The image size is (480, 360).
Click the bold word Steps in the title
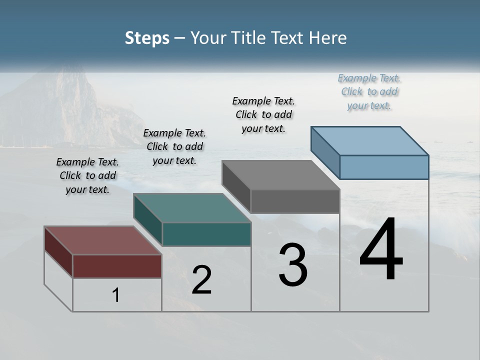pos(147,38)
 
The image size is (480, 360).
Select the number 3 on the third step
pos(293,265)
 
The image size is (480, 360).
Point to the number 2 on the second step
pos(202,280)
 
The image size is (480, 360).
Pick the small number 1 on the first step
pos(116,295)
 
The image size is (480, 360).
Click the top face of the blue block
pos(370,140)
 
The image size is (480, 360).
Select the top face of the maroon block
pos(103,240)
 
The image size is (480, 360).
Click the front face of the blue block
pos(384,167)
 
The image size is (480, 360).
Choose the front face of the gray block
pos(295,201)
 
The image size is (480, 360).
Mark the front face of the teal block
pos(206,234)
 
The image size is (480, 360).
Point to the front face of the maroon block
pos(117,266)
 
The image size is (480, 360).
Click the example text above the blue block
pos(369,91)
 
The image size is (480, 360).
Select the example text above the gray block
pos(264,114)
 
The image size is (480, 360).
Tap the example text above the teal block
pos(174,146)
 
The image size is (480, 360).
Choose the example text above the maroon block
pos(87,175)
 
